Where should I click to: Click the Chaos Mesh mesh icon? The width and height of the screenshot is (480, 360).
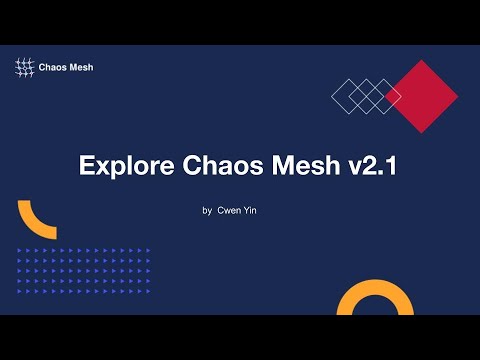pos(25,68)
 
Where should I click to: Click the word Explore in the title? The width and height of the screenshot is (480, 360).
pos(122,167)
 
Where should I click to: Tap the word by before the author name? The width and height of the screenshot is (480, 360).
pos(207,211)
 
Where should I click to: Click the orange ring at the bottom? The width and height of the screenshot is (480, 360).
pos(375,305)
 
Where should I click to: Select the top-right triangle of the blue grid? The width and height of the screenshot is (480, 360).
pos(148,250)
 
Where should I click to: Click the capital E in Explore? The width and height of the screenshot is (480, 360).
pos(88,167)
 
